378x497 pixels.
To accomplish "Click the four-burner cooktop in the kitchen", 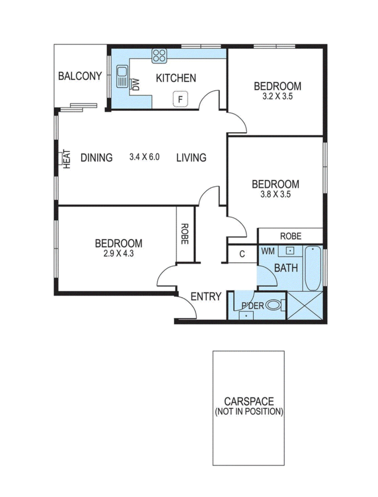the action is coord(159,56).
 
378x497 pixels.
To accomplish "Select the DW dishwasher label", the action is coord(136,85).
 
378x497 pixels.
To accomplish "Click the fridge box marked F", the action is coord(180,99).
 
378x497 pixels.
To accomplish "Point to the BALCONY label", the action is coord(80,76).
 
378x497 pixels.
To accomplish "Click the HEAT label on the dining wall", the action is coord(67,159).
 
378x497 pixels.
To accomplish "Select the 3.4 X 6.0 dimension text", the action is coord(144,157).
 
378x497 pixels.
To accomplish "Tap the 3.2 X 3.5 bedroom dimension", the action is coord(277,96).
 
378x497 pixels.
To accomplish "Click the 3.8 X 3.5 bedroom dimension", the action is coord(275,194).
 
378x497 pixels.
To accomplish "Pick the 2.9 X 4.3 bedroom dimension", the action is coord(119,253).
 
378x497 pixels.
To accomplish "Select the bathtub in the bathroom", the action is coord(313,268).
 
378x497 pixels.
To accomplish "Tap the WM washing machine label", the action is coord(268,251).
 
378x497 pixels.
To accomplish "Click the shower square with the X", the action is coord(305,306).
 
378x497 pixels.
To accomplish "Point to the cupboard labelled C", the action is coord(242,254).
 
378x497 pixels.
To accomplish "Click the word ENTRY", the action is coord(206,296).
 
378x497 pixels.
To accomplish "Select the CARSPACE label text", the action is coord(249,401).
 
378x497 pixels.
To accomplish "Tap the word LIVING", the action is coord(191,158).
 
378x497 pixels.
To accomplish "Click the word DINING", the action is coord(97,158).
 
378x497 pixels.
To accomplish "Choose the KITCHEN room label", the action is coord(176,78).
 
